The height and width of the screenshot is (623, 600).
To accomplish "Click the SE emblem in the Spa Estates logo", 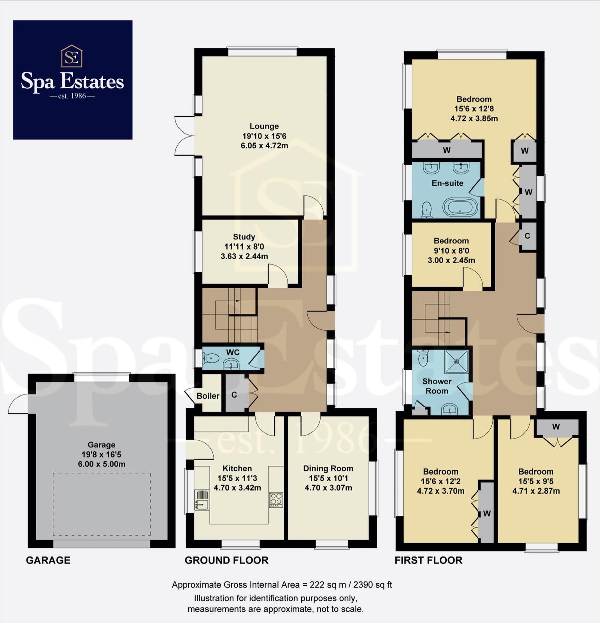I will click(x=72, y=56).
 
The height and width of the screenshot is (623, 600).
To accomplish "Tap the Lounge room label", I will click(x=264, y=126).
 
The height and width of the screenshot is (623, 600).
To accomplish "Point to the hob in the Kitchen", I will click(x=276, y=500).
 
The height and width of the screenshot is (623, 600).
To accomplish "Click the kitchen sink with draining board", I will click(x=202, y=500).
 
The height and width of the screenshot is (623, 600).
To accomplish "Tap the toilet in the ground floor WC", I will click(x=211, y=357).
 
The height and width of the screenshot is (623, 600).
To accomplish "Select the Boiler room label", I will click(x=208, y=396).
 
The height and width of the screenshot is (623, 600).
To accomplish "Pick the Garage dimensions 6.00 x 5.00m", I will click(x=102, y=464).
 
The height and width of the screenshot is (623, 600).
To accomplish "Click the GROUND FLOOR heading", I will click(x=226, y=560).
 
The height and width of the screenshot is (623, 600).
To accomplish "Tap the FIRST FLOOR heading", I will click(x=428, y=560).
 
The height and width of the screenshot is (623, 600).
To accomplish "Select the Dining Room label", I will click(x=328, y=468).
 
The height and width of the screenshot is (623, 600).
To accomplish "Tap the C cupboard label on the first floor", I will click(x=527, y=236).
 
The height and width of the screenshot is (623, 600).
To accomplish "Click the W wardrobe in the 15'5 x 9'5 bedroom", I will click(x=556, y=427).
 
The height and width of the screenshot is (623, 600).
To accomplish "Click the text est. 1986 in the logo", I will click(x=72, y=96).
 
